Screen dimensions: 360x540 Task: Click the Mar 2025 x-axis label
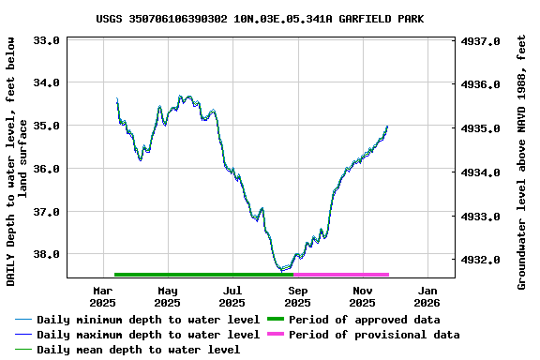click(102, 296)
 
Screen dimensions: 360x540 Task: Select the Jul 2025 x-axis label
click(232, 296)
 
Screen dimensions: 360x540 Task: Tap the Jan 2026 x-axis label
click(427, 296)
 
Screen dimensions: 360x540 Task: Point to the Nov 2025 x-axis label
click(362, 296)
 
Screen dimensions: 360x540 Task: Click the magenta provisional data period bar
click(341, 275)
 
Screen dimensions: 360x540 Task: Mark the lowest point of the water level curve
click(282, 270)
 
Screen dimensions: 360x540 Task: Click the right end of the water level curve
click(387, 127)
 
